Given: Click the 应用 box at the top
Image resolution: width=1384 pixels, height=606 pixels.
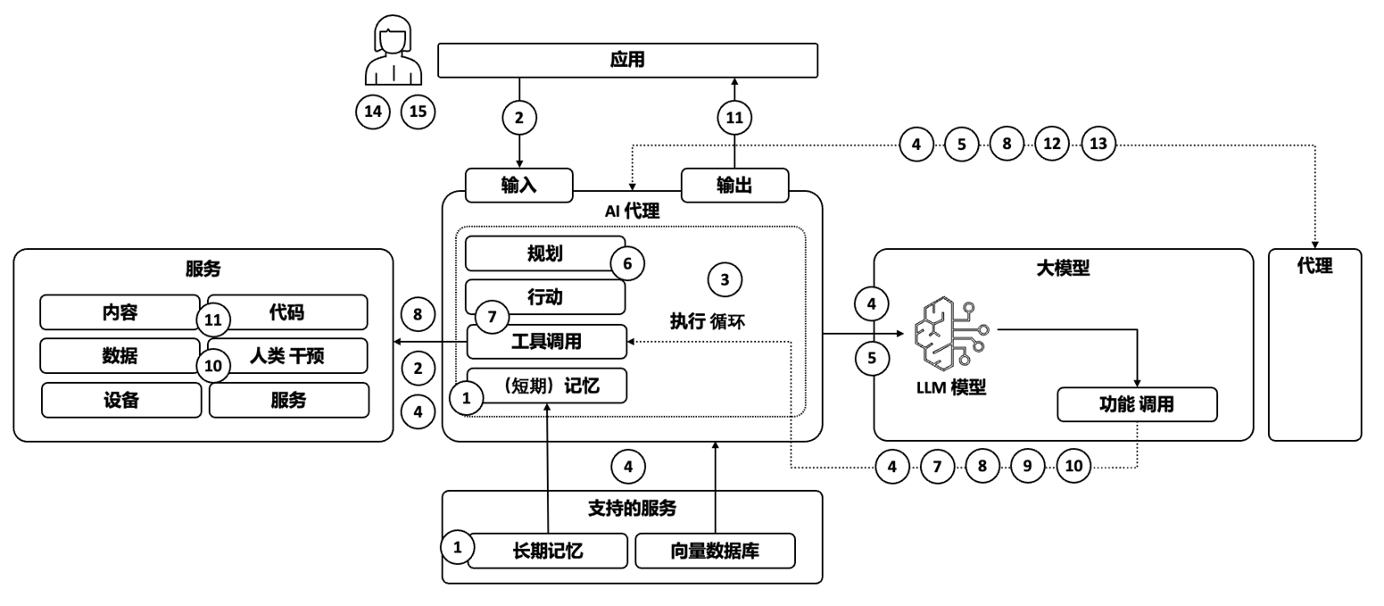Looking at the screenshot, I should [x=627, y=60].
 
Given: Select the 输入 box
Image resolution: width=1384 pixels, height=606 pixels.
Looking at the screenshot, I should [x=518, y=185].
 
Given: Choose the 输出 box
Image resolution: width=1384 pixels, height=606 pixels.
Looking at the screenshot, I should [x=734, y=185].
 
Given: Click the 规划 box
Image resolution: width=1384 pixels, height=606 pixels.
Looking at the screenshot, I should [x=544, y=253].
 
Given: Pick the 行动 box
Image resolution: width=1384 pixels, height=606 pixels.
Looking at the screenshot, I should [x=544, y=297].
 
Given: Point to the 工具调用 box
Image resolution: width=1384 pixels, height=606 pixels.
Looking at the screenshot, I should [x=547, y=342].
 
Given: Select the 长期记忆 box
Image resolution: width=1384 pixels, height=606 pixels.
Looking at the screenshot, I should [x=547, y=551].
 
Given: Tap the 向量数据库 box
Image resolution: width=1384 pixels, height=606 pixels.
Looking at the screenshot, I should [x=715, y=551].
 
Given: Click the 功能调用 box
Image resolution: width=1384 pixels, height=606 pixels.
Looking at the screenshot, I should [x=1136, y=404].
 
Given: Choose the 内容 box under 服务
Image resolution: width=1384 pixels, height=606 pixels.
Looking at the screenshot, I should [x=120, y=312].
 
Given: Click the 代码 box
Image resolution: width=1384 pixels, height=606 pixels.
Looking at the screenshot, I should [x=287, y=312].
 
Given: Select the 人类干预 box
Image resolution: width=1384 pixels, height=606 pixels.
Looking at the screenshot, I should [x=287, y=356].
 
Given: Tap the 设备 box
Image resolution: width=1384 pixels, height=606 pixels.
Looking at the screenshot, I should [x=121, y=400].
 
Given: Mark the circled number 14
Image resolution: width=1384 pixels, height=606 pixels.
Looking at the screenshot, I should [x=373, y=112].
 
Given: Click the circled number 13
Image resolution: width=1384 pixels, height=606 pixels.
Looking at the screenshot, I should [x=1098, y=144].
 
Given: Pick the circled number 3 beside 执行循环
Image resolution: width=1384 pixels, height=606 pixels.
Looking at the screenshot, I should [x=725, y=280].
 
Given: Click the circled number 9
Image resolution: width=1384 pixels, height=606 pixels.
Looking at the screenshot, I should [x=1028, y=466].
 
